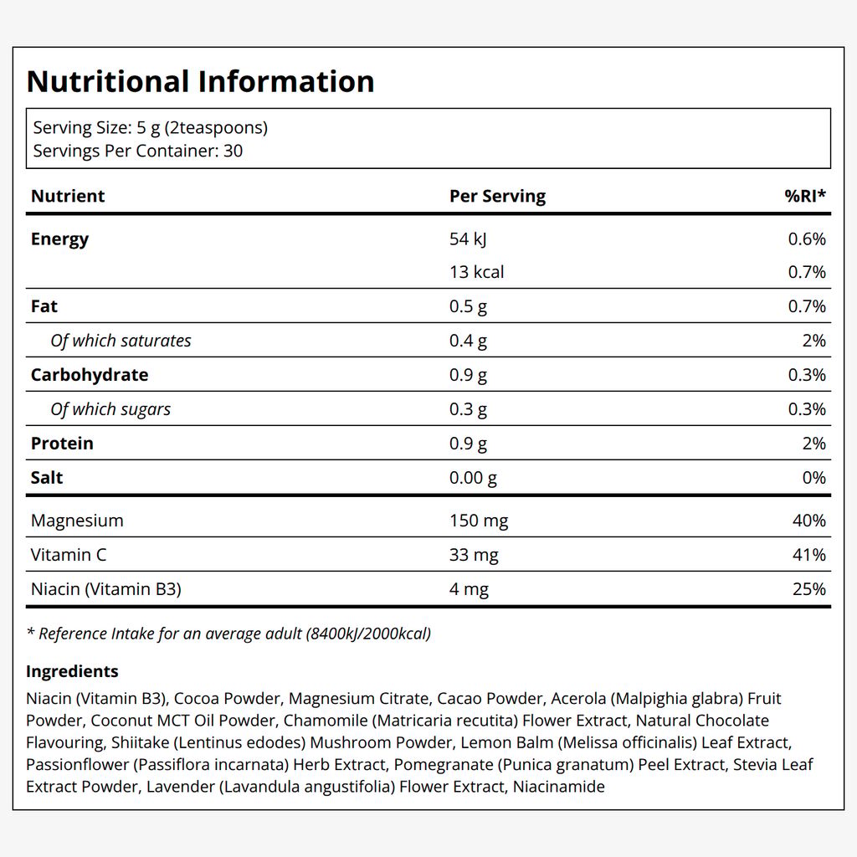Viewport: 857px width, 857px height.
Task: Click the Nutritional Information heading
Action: (x=200, y=81)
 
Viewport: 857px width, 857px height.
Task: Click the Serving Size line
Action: (x=151, y=128)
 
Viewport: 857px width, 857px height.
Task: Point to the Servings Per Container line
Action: (x=138, y=151)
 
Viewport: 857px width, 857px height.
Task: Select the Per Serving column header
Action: (x=497, y=196)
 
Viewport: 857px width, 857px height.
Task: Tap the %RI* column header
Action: (x=805, y=195)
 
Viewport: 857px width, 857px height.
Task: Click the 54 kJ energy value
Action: (x=468, y=239)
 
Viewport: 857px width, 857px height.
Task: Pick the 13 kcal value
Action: (x=476, y=272)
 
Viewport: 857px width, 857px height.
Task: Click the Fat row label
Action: (x=44, y=306)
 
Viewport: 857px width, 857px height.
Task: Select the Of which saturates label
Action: (x=121, y=341)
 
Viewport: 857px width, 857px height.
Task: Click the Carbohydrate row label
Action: (x=90, y=375)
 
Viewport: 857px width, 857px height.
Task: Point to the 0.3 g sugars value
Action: (x=468, y=409)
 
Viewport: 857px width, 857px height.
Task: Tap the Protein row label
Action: (x=62, y=444)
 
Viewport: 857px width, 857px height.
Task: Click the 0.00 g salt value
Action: (x=473, y=478)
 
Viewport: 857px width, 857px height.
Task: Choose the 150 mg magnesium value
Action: (x=479, y=521)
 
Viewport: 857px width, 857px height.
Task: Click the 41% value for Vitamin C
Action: (x=809, y=555)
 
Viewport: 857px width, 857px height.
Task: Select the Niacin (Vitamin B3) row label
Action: (x=106, y=589)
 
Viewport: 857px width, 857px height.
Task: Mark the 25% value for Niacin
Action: (x=809, y=589)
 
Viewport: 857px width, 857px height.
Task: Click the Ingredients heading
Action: (x=72, y=671)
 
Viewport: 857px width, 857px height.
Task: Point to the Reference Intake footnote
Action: (x=229, y=634)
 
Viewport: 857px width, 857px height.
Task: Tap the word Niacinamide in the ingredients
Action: (x=558, y=787)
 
